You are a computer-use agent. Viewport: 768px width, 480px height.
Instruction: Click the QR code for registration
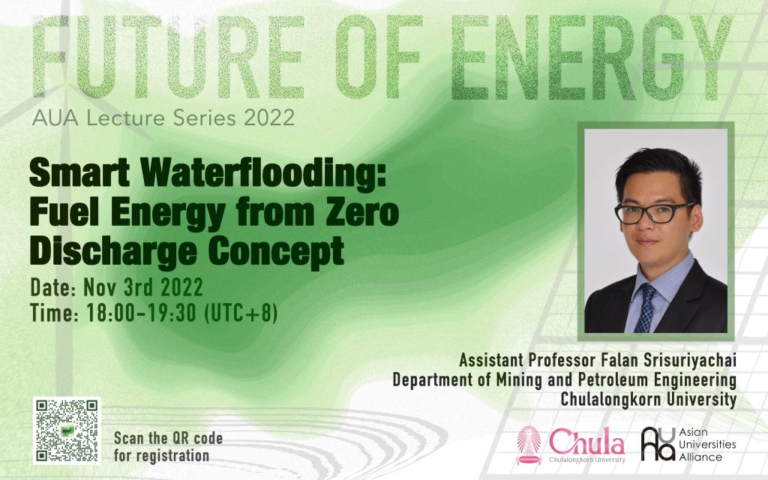pos(67,430)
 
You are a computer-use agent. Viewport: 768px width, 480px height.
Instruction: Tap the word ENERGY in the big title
pos(591,58)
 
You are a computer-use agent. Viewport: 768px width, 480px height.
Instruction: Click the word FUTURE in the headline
pos(169,57)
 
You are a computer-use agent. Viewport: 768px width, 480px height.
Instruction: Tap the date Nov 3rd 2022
pos(143,287)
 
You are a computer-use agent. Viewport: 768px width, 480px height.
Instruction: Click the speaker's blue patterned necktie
pos(646,308)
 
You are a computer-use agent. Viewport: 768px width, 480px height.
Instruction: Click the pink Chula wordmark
pos(586,441)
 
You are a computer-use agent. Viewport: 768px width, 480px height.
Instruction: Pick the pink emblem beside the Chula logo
pos(529,445)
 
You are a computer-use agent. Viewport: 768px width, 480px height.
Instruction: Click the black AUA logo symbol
pos(658,444)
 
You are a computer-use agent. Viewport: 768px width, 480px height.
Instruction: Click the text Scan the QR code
pos(169,438)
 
